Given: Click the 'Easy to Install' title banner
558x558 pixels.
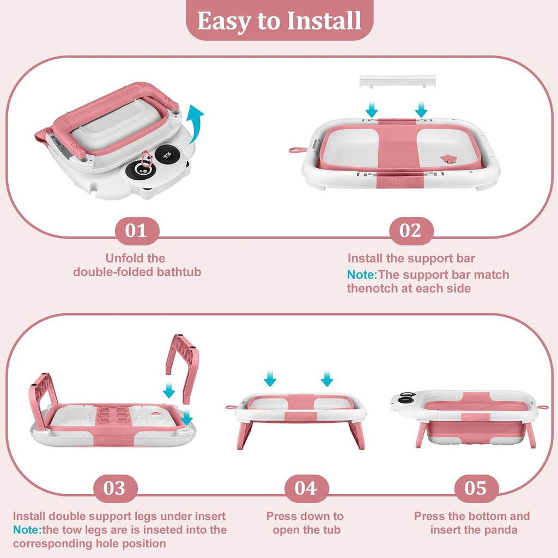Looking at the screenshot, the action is [x=280, y=20].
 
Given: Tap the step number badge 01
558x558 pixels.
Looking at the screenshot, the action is [x=137, y=231].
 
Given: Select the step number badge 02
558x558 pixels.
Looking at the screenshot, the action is [x=411, y=231].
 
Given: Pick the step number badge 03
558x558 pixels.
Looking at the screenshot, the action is [x=115, y=488].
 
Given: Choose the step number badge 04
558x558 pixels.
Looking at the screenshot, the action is [x=306, y=488].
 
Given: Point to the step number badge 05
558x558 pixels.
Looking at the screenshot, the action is [x=476, y=488].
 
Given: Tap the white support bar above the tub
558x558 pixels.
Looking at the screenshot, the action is [x=397, y=81].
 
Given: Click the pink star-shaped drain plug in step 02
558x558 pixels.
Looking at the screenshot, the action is [x=448, y=159].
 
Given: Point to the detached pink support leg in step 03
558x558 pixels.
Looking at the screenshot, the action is [x=183, y=367].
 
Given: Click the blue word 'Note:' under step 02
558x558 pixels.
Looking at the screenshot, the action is [x=362, y=275].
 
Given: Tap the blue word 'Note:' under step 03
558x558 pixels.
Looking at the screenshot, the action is [x=27, y=530].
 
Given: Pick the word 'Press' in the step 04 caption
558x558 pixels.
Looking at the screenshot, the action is [x=281, y=516].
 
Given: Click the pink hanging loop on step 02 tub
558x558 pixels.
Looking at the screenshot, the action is [x=298, y=150].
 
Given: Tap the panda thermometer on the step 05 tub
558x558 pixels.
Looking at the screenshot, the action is [x=406, y=398].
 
